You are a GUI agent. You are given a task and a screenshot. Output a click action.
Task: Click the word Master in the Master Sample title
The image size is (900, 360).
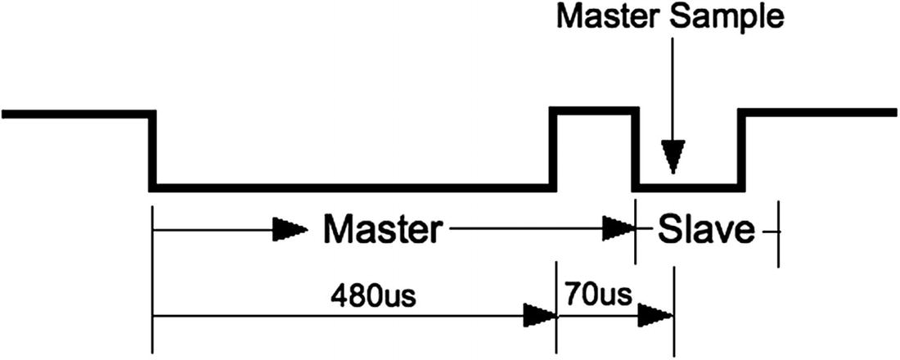[x=608, y=19]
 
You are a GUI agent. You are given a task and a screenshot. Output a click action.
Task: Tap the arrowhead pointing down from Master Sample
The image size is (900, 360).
[x=673, y=155]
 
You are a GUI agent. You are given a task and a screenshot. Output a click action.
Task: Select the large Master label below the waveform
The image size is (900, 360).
[x=381, y=230]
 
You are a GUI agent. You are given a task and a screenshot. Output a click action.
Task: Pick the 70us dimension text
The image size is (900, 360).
[x=596, y=293]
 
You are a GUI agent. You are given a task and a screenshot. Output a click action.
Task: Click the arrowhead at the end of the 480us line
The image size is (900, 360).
[x=538, y=315]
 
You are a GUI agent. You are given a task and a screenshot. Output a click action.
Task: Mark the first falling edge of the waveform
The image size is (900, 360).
[x=152, y=151]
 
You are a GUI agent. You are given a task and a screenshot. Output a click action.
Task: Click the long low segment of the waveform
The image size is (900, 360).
[x=352, y=188]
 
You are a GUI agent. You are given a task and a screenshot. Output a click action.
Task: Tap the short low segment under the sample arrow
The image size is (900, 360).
[x=689, y=188]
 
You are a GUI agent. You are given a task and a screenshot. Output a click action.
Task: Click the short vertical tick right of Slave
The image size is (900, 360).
[x=777, y=233]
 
